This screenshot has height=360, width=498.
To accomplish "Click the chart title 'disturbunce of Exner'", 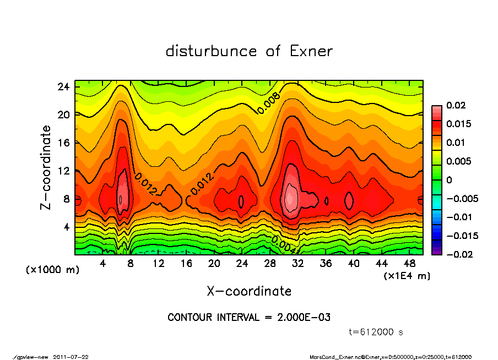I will (249, 51).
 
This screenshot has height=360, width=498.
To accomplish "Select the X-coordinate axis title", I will (249, 291).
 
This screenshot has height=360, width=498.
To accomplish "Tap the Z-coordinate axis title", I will (46, 167).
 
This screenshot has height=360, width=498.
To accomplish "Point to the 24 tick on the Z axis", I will (63, 87).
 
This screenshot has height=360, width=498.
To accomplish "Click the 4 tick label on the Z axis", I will (66, 227).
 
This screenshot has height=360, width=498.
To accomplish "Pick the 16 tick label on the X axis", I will (186, 263).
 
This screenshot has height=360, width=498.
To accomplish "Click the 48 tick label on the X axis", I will (409, 263).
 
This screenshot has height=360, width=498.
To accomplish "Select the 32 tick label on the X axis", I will (298, 263).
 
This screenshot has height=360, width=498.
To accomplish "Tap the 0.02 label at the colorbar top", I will (457, 105).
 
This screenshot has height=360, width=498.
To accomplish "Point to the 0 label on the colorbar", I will (450, 180).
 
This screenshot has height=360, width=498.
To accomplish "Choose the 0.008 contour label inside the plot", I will (269, 103).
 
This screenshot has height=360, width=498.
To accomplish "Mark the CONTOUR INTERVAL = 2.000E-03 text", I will (249, 318).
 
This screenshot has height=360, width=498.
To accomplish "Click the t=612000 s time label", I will (376, 332).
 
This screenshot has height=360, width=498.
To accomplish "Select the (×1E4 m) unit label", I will (407, 275).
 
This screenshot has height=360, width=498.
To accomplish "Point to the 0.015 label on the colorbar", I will (459, 124).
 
